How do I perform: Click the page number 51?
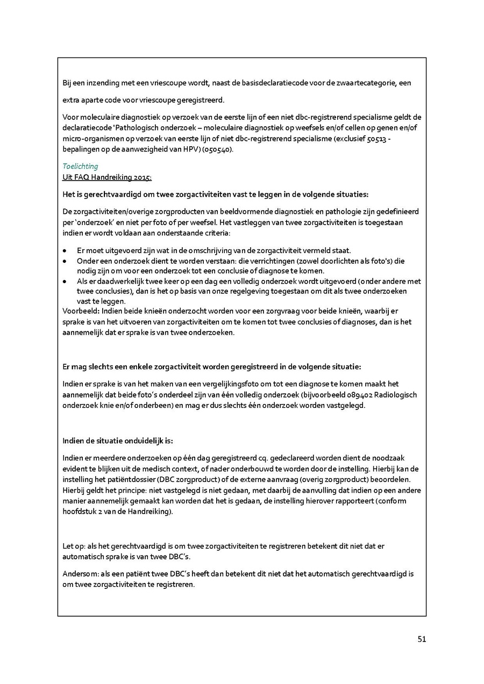[422, 639]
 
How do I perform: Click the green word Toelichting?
[80, 167]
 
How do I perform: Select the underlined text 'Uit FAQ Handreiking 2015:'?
[107, 177]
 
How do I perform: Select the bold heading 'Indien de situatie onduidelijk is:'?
[118, 441]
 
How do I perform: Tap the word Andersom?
[79, 574]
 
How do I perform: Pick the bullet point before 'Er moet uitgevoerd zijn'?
[65, 251]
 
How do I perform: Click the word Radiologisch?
[396, 395]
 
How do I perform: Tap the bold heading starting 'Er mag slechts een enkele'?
[212, 367]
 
